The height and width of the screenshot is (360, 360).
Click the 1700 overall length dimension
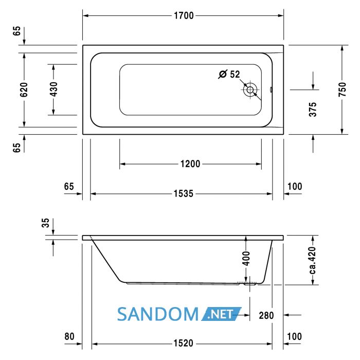(x=184, y=15)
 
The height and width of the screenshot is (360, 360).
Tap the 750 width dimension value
(x=342, y=89)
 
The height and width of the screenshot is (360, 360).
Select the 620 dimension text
(x=24, y=89)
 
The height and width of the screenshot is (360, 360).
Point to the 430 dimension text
(x=53, y=89)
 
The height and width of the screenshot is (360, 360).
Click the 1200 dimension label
(x=190, y=164)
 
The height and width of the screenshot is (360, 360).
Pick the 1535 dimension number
(x=184, y=194)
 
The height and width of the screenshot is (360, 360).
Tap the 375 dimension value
(x=313, y=110)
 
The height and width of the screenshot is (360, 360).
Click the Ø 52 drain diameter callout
(x=229, y=74)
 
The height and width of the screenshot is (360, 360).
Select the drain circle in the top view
(x=250, y=90)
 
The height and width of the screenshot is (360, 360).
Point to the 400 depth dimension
(x=246, y=258)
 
